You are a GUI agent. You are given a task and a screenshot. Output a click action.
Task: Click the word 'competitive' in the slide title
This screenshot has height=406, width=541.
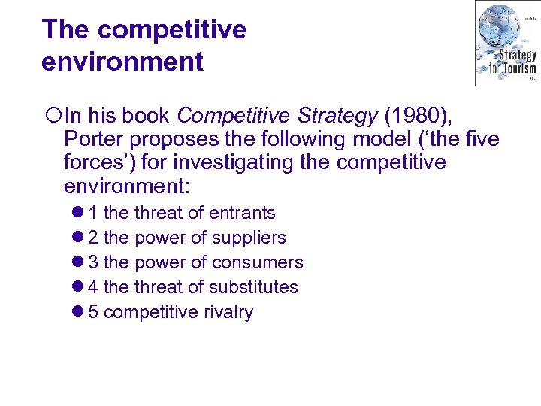pyautogui.click(x=171, y=30)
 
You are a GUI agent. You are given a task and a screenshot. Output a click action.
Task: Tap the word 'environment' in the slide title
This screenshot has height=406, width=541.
pyautogui.click(x=122, y=62)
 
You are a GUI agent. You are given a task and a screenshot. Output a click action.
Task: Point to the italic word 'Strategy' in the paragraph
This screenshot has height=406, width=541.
pyautogui.click(x=340, y=117)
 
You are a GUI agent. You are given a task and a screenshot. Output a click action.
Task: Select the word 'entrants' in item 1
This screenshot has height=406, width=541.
pyautogui.click(x=242, y=213)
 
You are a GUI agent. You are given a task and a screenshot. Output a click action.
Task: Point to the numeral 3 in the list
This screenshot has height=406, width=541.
pyautogui.click(x=93, y=262)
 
